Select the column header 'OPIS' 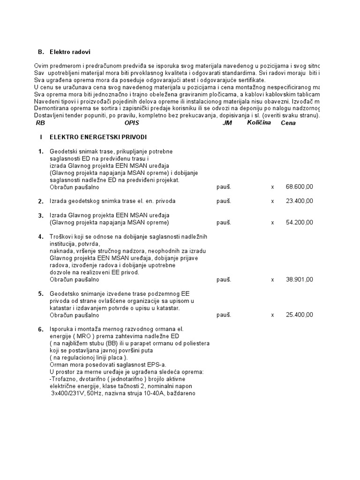tap(132, 123)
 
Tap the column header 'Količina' tap(259, 123)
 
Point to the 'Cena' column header tap(288, 123)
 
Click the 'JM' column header tap(227, 123)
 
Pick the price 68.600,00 tap(299, 187)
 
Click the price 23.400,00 tap(299, 201)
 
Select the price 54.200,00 tap(299, 222)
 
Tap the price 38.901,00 tap(299, 279)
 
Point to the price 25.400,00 tap(299, 315)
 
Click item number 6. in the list tap(41, 330)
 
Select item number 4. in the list tap(41, 236)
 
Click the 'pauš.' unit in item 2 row tap(223, 201)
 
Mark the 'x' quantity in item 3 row tap(272, 222)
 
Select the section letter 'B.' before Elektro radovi tap(40, 52)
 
